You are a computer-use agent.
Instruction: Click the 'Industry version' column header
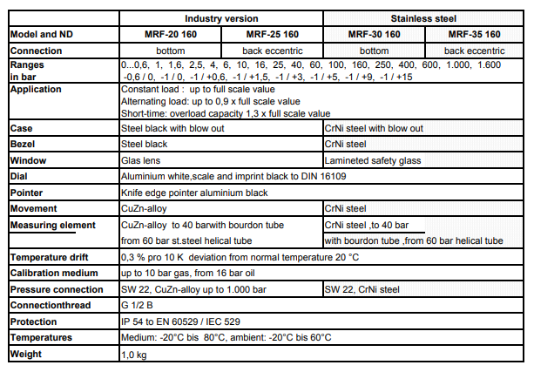[220, 18]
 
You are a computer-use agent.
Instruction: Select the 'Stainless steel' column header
[426, 18]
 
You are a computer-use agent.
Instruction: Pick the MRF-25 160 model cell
[272, 34]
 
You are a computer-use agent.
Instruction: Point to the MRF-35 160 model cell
[474, 34]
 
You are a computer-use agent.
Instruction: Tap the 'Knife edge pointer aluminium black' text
[194, 193]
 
